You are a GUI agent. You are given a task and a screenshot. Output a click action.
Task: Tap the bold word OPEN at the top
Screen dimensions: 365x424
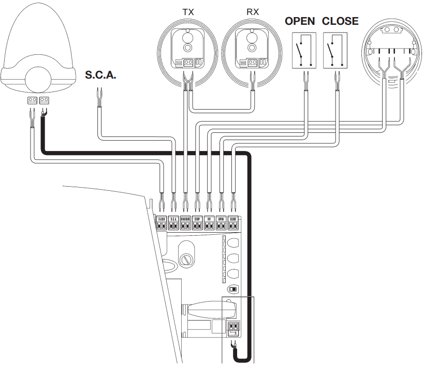(x=300, y=21)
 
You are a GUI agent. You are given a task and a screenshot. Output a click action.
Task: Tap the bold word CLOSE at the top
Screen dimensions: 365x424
(x=340, y=21)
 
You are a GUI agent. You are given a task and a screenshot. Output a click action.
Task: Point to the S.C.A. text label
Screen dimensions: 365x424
(x=100, y=75)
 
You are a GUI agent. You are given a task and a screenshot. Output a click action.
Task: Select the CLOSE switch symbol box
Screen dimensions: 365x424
(x=334, y=51)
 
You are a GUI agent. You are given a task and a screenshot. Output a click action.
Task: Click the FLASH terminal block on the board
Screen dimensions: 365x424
(x=161, y=223)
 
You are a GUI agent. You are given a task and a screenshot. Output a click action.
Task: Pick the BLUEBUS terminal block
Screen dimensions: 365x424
(x=185, y=223)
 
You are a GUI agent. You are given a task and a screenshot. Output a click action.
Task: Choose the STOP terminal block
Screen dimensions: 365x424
(x=197, y=223)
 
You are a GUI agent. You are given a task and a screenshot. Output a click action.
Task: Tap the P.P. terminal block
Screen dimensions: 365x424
(x=209, y=223)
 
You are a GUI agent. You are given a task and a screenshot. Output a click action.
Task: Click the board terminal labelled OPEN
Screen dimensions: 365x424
(x=221, y=223)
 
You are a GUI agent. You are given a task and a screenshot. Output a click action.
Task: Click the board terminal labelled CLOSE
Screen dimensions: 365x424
(x=233, y=223)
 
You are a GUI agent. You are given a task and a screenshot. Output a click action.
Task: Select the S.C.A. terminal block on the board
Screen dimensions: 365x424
(x=173, y=223)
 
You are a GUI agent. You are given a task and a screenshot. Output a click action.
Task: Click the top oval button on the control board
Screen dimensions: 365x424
(x=233, y=244)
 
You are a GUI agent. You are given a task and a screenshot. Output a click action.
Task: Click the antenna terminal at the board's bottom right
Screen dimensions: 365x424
(x=233, y=327)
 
